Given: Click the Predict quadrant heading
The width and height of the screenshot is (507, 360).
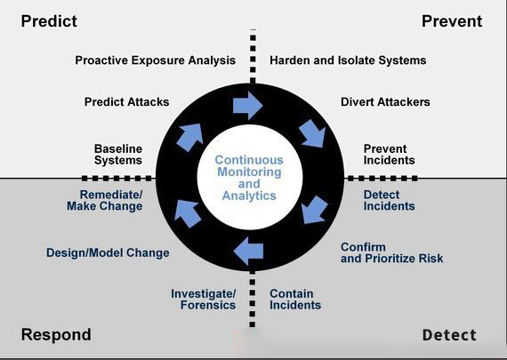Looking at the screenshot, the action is pos(49,21).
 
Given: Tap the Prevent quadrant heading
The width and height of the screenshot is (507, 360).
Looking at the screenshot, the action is pos(452,21).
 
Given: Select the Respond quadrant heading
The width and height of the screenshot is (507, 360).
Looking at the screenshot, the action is pos(56,335).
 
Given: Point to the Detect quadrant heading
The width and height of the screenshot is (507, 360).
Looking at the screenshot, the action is pos(449,335).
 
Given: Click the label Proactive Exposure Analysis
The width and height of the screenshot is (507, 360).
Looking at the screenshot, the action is pos(155,60).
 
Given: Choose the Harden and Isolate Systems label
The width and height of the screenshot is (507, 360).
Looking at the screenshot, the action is pos(348,60).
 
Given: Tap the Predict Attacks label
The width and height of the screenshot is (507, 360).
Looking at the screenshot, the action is pos(126,102).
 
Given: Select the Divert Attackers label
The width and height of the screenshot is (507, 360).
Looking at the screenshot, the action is pos(385,102).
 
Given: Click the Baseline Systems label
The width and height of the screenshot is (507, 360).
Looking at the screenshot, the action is pos(118,155).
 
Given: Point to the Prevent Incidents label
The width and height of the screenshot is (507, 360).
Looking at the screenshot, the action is pos(389,155).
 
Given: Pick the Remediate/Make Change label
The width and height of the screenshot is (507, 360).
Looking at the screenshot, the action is pos(104,200).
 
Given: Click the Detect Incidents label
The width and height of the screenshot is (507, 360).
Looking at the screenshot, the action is pos(389,200).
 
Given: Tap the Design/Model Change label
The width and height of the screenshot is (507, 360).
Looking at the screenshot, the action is pos(108,252).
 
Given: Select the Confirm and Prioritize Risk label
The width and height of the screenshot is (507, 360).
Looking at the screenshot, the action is pos(392,252).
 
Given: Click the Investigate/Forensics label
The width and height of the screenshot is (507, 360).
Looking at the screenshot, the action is pos(204,300).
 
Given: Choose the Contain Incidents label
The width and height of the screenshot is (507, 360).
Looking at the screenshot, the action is pos(295,300).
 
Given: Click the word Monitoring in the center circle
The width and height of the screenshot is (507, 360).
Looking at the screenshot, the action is pos(249,172).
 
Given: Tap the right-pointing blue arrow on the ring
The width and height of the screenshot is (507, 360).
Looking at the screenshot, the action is pos(247,106).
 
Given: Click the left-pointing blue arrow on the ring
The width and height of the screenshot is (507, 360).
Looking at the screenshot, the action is pos(248,251).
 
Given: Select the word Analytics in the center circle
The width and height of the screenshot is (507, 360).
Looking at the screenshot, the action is pos(249,196).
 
